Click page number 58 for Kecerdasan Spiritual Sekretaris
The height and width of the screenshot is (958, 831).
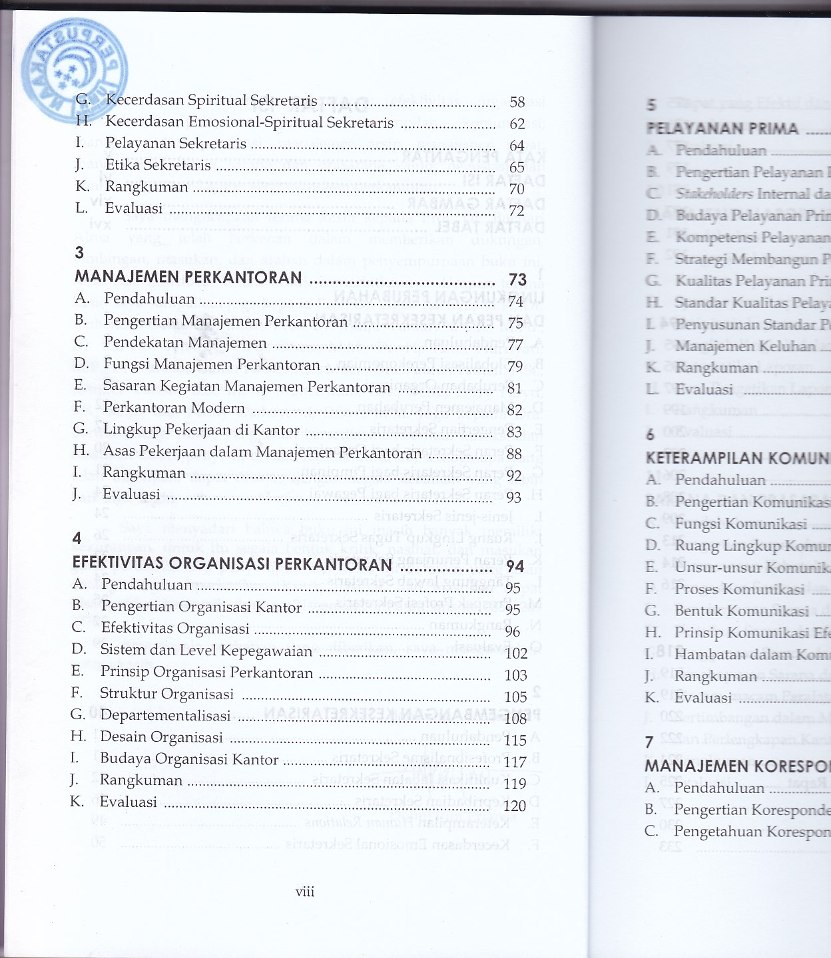[x=517, y=102]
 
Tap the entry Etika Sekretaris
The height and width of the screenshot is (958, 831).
[x=158, y=165]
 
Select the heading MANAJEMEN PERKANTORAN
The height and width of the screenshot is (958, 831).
[x=188, y=277]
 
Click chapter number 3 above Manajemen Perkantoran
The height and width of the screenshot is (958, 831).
[x=79, y=253]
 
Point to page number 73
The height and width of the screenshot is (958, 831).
[x=517, y=279]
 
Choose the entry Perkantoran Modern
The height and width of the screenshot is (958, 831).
[x=174, y=407]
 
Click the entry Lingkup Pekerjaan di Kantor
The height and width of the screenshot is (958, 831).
[x=201, y=430]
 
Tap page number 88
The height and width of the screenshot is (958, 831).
[x=514, y=454]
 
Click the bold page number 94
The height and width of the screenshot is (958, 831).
[x=515, y=566]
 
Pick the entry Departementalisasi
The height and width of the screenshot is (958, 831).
[x=165, y=715]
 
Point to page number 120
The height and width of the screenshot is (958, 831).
[x=515, y=806]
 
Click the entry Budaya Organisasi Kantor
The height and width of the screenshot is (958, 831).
[x=189, y=759]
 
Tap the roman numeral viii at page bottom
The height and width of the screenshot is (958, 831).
[x=305, y=892]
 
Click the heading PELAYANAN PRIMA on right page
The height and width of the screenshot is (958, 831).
[x=722, y=128]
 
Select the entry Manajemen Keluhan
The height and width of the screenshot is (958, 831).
[x=745, y=346]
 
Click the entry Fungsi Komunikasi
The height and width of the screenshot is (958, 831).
[x=740, y=524]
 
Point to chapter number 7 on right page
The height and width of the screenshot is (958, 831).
[x=649, y=742]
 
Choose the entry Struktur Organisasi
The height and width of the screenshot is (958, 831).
[x=167, y=694]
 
